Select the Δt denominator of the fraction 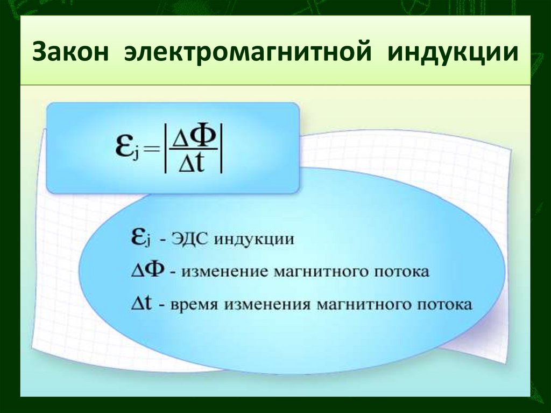(194, 163)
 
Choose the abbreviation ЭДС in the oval (190, 239)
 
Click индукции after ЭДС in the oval (254, 239)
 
